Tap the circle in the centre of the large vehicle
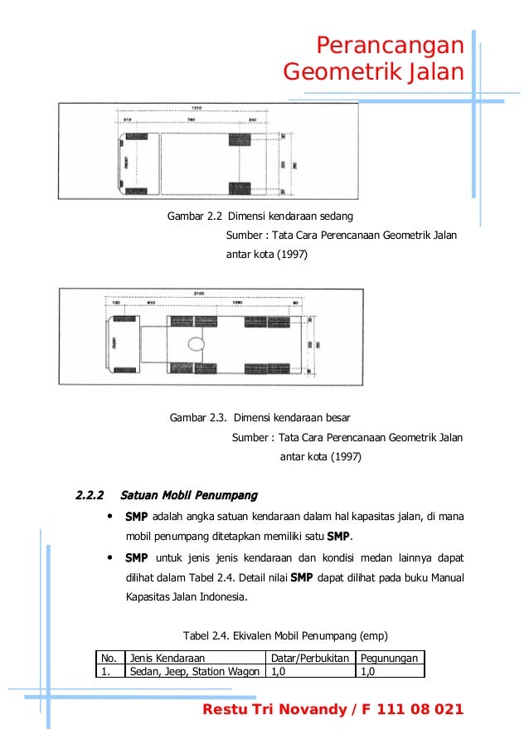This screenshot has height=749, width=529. [x=197, y=343]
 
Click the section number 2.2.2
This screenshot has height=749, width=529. [x=89, y=496]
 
